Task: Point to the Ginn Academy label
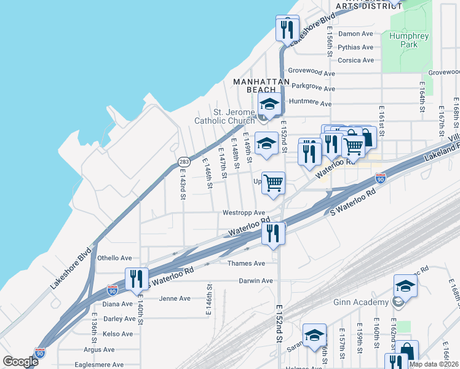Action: [x=369, y=302]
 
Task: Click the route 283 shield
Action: [x=184, y=162]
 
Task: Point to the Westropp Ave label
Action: [x=244, y=213]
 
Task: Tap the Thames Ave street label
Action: [x=246, y=263]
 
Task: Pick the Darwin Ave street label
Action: [x=256, y=281]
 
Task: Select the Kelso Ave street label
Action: [x=118, y=334]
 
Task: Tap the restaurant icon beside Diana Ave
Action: [x=137, y=279]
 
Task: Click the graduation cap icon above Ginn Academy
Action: [x=405, y=285]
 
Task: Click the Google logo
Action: [x=21, y=362]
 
